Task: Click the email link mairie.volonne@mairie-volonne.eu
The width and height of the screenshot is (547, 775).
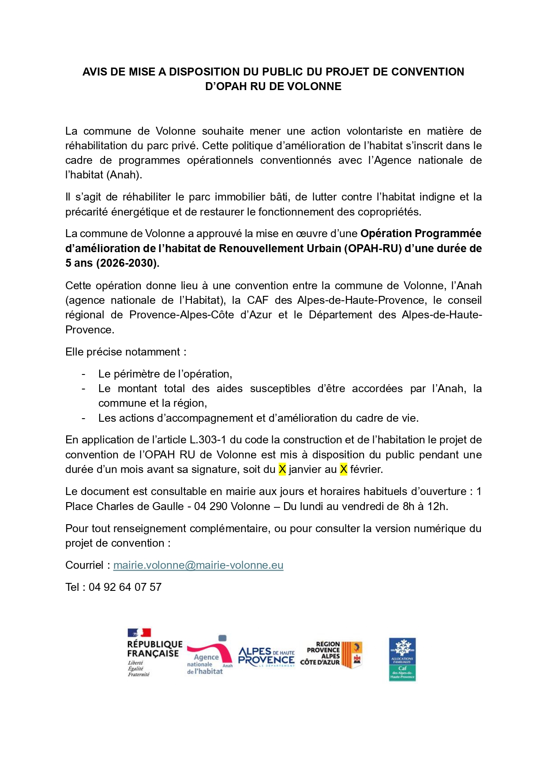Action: coord(198,565)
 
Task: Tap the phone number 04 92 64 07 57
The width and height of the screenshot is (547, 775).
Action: coord(125,587)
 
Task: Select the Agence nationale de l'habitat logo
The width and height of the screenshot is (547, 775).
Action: coord(209,656)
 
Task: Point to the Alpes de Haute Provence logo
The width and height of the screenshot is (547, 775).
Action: coord(266,657)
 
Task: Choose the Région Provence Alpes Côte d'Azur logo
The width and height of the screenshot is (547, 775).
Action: coord(331,654)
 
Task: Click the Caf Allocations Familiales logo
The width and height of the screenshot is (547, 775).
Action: coord(402,659)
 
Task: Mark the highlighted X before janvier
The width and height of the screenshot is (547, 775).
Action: coord(282,469)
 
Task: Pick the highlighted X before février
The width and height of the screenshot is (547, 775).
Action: coord(344,469)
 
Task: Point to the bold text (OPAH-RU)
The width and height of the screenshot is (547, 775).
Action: coord(375,249)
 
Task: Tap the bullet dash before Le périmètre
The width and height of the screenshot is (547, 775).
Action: coord(83,374)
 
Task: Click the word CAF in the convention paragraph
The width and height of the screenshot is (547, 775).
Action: coord(258,300)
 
